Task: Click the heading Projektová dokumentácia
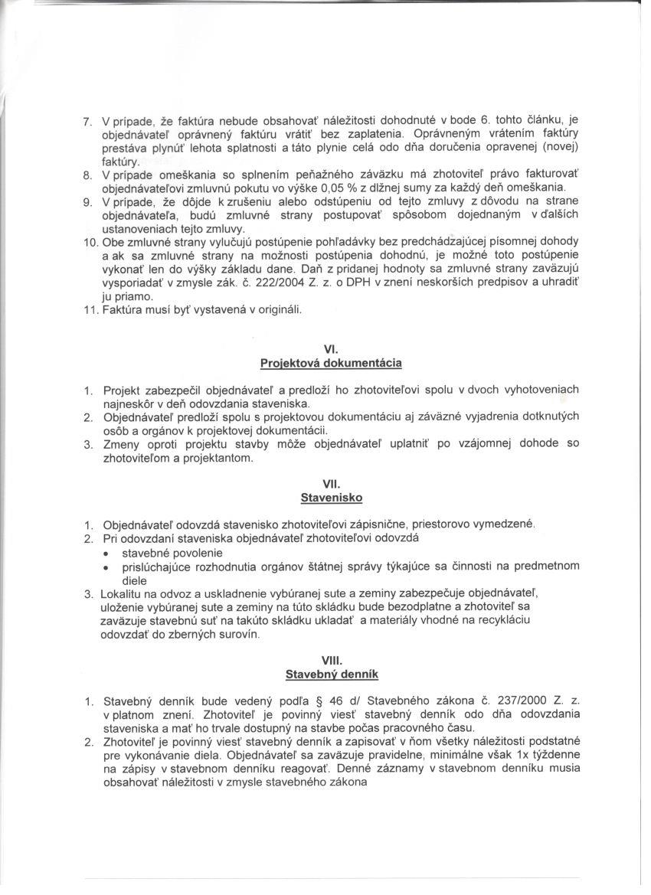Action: (331, 363)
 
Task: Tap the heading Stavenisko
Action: (331, 498)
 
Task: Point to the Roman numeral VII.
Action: (331, 484)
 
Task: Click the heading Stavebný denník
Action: (331, 675)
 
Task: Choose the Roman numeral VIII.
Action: (331, 661)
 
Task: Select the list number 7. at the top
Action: (88, 121)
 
